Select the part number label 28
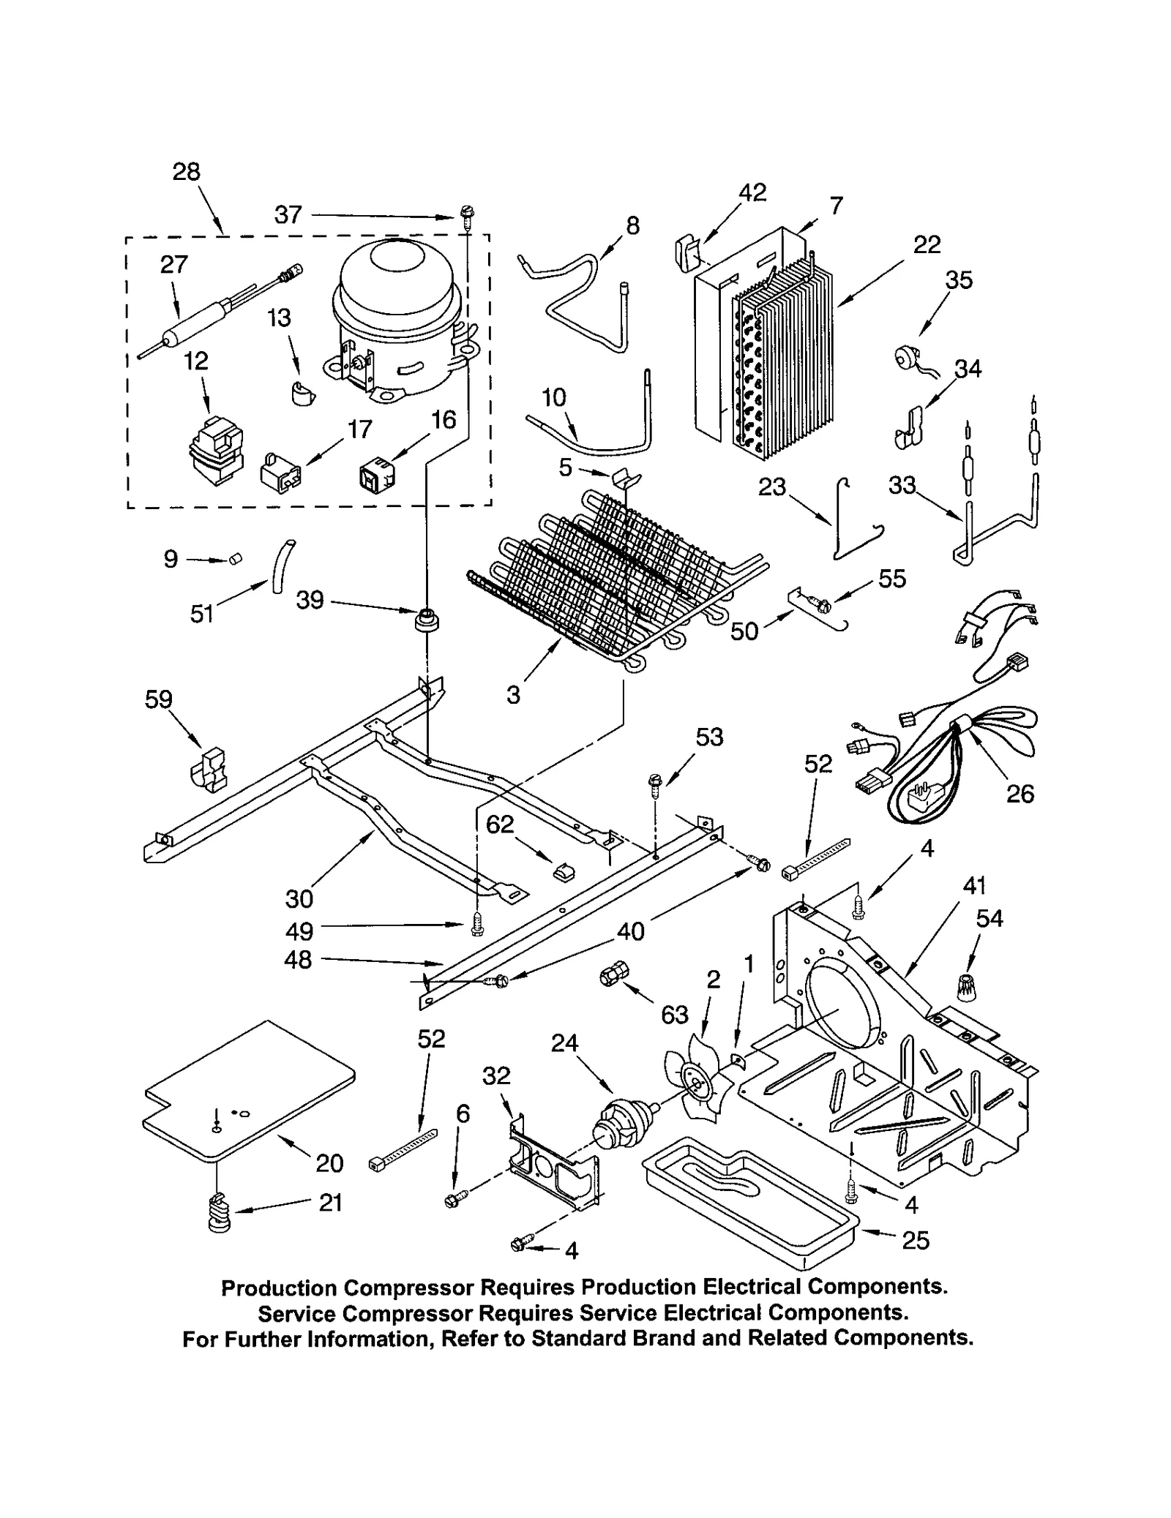(x=186, y=172)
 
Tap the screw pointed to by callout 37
(x=465, y=214)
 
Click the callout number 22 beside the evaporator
(x=927, y=244)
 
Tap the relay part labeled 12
(x=214, y=450)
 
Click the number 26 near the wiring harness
(x=1020, y=794)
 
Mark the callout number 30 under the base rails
(x=299, y=898)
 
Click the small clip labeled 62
(x=564, y=871)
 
